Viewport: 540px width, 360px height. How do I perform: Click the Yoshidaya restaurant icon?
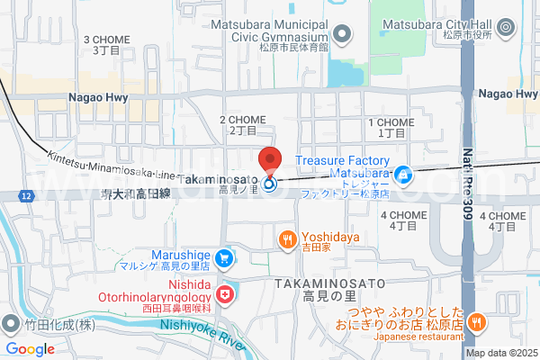(286, 239)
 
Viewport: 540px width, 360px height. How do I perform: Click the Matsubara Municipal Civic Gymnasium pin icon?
(341, 35)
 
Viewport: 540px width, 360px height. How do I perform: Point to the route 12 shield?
(28, 195)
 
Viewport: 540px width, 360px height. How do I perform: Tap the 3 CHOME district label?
(107, 45)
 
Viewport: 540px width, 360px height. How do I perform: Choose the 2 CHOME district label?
(243, 124)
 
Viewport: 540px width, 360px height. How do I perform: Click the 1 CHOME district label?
(391, 127)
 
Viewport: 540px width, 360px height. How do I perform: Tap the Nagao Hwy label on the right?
(508, 94)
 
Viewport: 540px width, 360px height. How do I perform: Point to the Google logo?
(30, 349)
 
